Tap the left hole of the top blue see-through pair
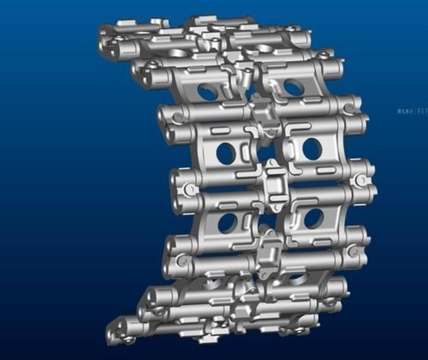tap(206, 92)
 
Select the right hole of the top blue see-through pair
tap(292, 87)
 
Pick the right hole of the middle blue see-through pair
tap(312, 149)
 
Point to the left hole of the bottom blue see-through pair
tap(228, 223)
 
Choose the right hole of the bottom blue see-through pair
tap(313, 219)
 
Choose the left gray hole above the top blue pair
tap(178, 52)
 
